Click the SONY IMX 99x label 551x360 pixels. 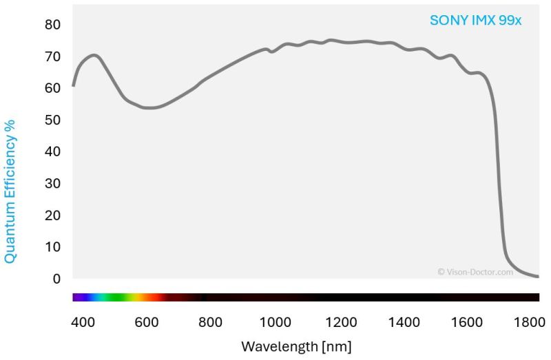point(475,21)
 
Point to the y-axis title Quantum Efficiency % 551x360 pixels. point(10,191)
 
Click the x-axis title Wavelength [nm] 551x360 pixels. point(296,345)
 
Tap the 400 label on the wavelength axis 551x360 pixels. point(83,321)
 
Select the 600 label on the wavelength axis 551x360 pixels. point(147,321)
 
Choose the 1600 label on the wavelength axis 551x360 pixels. point(469,321)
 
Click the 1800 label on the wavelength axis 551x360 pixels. point(532,321)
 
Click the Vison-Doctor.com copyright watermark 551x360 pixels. point(475,272)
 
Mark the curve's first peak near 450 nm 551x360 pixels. point(94,55)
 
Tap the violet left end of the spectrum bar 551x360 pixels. point(78,297)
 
